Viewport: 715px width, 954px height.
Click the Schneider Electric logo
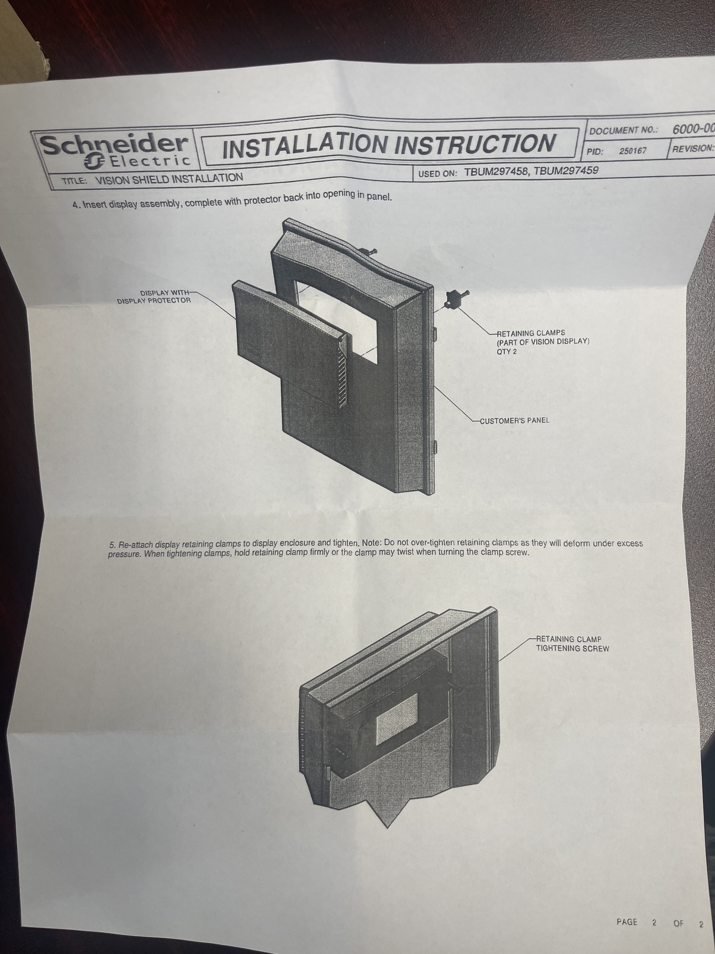coord(115,150)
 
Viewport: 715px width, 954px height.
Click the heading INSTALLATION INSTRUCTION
coord(389,145)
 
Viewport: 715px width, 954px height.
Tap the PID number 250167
coord(633,151)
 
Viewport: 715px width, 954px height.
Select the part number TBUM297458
coord(496,172)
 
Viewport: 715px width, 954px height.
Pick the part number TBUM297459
coord(566,170)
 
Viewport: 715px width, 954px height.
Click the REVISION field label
coord(693,148)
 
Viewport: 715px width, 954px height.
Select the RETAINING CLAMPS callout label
coord(531,333)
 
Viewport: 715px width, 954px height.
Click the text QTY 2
coord(506,352)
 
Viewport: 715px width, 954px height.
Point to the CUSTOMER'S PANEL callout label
coord(514,421)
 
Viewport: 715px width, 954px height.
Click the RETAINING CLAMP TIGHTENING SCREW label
coord(572,643)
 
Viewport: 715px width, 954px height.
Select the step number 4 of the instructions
coord(75,205)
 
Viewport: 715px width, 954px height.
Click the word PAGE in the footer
coord(627,922)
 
